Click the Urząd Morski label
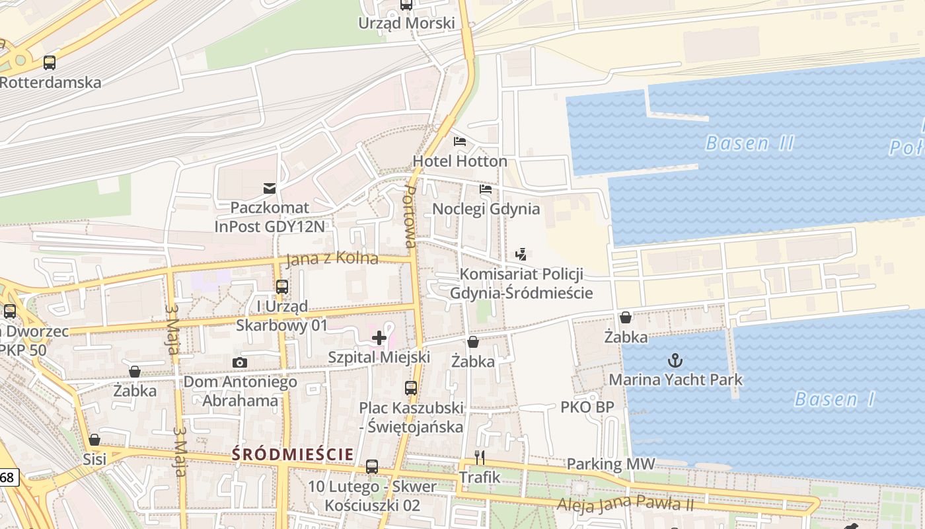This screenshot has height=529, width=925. (406, 23)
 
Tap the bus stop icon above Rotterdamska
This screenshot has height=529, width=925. (50, 63)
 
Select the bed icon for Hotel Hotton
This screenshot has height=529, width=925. (460, 142)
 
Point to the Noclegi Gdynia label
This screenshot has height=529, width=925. (486, 209)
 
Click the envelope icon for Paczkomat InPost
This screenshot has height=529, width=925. (270, 188)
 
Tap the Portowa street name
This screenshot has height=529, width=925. (410, 216)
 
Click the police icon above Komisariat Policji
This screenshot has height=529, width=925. (521, 254)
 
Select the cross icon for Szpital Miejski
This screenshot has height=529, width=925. (379, 338)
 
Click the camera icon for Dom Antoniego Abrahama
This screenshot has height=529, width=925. (240, 362)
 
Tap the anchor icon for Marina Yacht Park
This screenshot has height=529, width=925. (675, 360)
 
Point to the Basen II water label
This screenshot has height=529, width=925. (749, 143)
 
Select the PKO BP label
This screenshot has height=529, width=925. (587, 407)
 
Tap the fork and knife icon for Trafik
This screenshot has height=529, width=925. (480, 457)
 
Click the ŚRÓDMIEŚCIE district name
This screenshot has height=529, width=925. (293, 454)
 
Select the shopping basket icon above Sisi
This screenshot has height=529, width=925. (94, 440)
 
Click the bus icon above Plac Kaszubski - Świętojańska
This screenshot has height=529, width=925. (411, 388)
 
